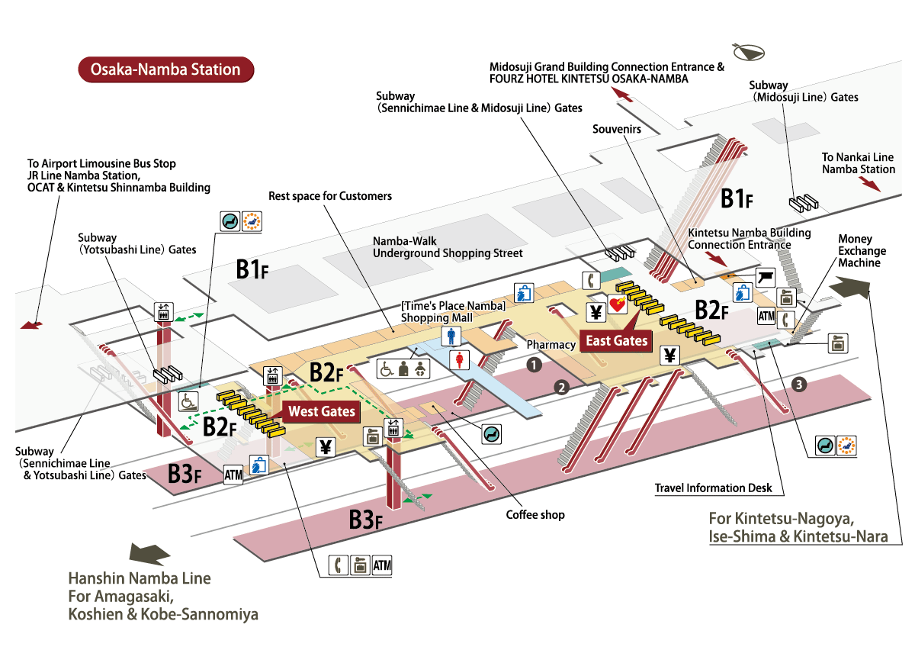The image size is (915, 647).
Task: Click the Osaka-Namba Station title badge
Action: (165, 69)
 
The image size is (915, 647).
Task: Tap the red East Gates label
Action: (615, 340)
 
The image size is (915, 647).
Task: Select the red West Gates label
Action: (322, 411)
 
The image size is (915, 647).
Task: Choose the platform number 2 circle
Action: (562, 387)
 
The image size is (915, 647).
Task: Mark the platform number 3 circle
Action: (798, 385)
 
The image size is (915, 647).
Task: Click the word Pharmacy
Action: (551, 345)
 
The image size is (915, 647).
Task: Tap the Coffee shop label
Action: (535, 515)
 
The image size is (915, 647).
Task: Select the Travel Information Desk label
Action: (713, 488)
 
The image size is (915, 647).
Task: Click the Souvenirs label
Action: (616, 130)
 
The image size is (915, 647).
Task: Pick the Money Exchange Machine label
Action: (862, 251)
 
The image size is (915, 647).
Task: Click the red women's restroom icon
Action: (460, 359)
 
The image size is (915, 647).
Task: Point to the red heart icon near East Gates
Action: (617, 305)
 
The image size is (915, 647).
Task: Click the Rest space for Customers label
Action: (330, 196)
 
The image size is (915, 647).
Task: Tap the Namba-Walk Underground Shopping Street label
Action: (448, 247)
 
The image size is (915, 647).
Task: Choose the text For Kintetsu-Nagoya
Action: (775, 519)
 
